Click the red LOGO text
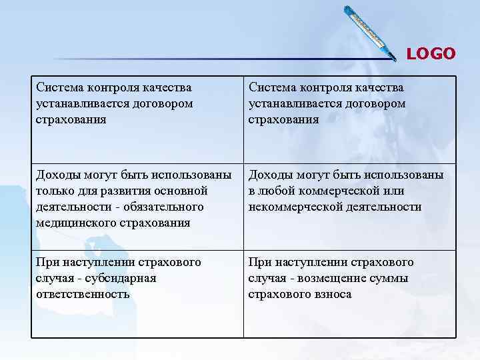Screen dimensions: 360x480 point(431,53)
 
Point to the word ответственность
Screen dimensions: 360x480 point(83,294)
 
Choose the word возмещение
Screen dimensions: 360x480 point(335,278)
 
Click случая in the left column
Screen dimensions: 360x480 point(56,278)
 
